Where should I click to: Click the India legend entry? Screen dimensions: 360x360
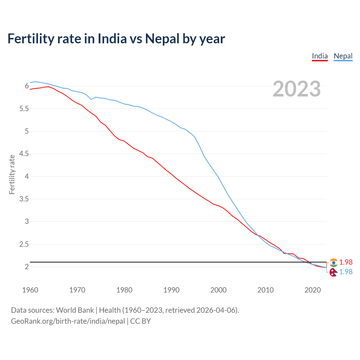pos(320,56)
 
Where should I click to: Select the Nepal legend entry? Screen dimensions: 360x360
pos(343,56)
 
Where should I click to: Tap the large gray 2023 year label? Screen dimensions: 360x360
pos(296,89)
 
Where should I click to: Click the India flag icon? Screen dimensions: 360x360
pos(334,263)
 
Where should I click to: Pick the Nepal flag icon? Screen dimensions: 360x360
pos(333,272)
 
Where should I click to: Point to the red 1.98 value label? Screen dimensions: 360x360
pos(346,262)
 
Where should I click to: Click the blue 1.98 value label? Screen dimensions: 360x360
pos(346,272)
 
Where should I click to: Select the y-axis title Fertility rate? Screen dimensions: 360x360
pos(12,174)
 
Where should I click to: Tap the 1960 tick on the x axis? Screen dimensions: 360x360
pos(30,290)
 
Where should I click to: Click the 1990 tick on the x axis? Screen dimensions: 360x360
pos(171,290)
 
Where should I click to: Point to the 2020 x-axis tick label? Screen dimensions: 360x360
pos(312,290)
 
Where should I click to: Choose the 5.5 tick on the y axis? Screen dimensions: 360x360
pos(24,109)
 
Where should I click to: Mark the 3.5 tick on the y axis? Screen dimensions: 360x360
pos(24,199)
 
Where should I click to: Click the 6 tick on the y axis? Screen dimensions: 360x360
pos(27,86)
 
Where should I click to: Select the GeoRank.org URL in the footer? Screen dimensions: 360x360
pos(68,321)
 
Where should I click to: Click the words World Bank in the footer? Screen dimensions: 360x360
pos(75,310)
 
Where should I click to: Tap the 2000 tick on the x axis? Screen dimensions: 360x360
pos(218,290)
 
